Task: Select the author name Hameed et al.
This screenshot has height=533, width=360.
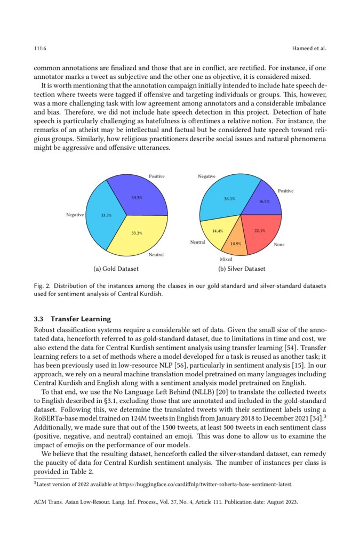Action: pyautogui.click(x=309, y=49)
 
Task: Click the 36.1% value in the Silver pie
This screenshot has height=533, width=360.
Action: pyautogui.click(x=229, y=199)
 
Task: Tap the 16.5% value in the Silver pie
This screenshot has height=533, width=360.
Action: pyautogui.click(x=264, y=201)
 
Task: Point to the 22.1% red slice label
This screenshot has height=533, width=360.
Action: pyautogui.click(x=260, y=231)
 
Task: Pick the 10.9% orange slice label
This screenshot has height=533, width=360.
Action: pyautogui.click(x=235, y=244)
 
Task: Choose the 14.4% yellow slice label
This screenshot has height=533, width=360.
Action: pyautogui.click(x=218, y=231)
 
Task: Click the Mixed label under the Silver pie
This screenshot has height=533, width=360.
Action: pyautogui.click(x=226, y=259)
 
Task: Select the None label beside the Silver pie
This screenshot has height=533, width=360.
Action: pyautogui.click(x=279, y=245)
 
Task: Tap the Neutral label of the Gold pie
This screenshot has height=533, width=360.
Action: pyautogui.click(x=156, y=255)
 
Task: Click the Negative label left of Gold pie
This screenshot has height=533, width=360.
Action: pyautogui.click(x=75, y=215)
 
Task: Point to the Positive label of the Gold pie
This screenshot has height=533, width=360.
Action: pyautogui.click(x=156, y=176)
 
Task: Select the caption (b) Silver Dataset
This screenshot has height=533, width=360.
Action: pyautogui.click(x=242, y=269)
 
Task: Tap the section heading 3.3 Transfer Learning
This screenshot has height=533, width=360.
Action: pyautogui.click(x=73, y=319)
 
